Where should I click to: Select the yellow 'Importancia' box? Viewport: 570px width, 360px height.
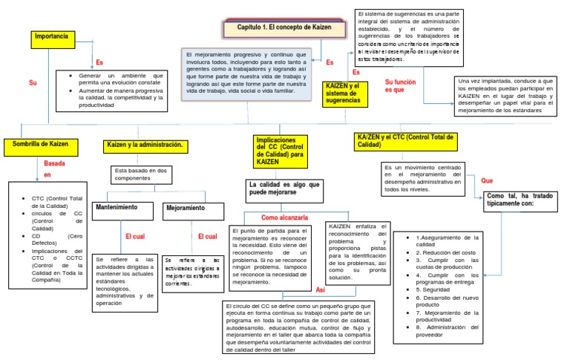coord(55,36)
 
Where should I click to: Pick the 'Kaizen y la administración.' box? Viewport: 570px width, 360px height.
coord(145,145)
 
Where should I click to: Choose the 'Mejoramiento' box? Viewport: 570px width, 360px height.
coord(186,209)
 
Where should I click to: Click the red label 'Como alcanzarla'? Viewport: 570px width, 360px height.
coord(284,217)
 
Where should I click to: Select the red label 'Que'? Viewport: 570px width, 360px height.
coord(487,180)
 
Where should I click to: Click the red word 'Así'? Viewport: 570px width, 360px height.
coord(321,290)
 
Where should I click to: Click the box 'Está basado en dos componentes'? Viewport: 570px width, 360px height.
coord(141,174)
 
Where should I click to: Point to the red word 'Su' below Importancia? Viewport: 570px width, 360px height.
coord(32,82)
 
